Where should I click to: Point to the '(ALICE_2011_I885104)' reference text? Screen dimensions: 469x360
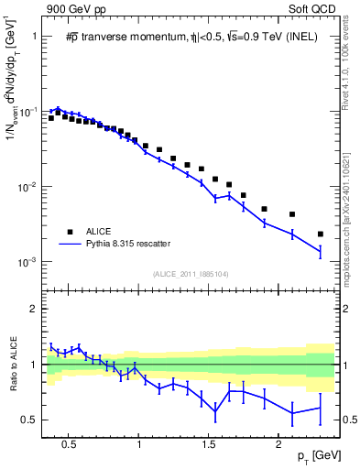coord(191,274)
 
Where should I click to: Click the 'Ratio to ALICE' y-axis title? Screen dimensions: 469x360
coord(11,365)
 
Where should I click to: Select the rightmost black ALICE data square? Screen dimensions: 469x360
coord(321,234)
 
